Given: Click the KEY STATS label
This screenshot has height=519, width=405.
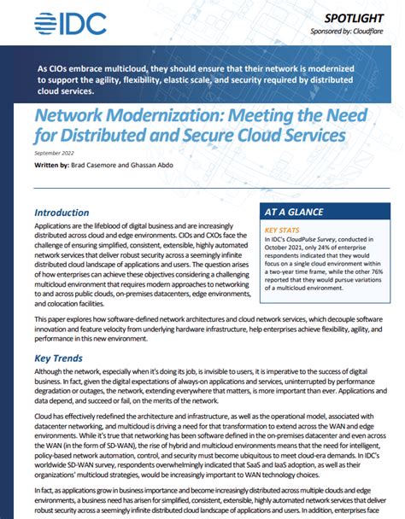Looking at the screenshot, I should coord(283,230).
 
